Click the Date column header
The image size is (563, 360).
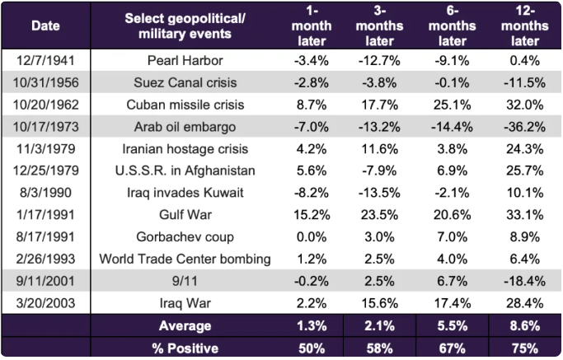pyautogui.click(x=45, y=26)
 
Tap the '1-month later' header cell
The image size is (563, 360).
pyautogui.click(x=312, y=26)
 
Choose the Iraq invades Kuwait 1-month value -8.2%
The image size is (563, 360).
pyautogui.click(x=312, y=192)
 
